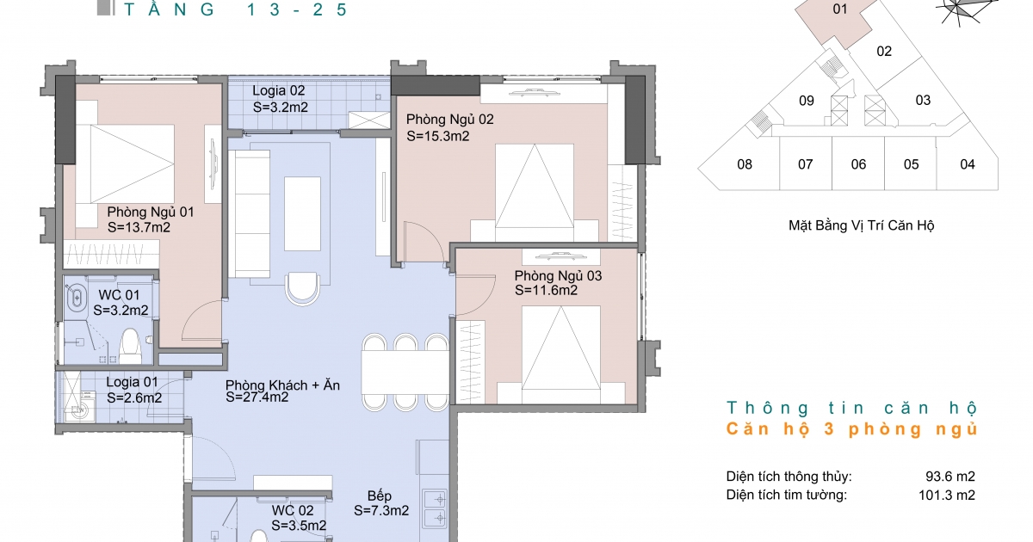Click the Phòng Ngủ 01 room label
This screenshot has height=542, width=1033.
click(x=151, y=212)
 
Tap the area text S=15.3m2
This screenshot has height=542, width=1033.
click(x=437, y=137)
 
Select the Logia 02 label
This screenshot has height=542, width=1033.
click(x=279, y=91)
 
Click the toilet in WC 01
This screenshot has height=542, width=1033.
click(x=130, y=346)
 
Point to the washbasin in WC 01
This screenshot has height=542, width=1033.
click(x=77, y=299)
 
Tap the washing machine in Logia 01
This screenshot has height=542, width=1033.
click(x=83, y=405)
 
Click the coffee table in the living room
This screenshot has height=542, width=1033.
click(x=302, y=213)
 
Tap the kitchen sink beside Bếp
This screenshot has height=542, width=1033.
click(x=435, y=508)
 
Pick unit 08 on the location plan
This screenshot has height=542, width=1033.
click(x=745, y=164)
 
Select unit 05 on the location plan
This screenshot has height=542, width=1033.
click(x=911, y=164)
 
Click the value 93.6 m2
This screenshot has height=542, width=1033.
click(x=950, y=476)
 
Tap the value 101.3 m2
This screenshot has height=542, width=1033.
click(x=947, y=495)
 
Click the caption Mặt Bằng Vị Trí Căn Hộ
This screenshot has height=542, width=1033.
click(x=861, y=225)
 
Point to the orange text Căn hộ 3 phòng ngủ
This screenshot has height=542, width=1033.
click(x=851, y=429)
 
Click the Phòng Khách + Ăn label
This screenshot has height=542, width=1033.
click(x=282, y=385)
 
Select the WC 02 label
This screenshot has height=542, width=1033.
click(x=293, y=510)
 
